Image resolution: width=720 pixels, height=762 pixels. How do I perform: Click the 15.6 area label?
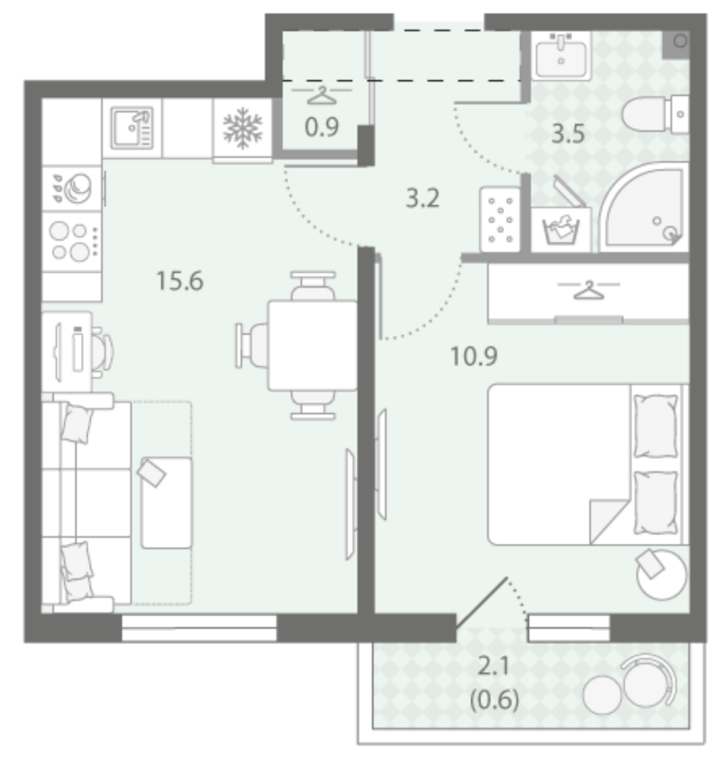point(180,281)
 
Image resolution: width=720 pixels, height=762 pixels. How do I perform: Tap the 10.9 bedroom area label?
point(474,356)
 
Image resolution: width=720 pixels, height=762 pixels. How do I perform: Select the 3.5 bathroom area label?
point(568,134)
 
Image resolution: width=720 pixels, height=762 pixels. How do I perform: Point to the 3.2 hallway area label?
point(422,198)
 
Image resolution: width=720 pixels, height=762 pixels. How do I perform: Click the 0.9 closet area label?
point(321,127)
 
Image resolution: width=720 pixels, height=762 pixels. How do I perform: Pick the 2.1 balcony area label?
point(494,666)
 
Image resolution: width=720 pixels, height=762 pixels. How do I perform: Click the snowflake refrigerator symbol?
point(242,128)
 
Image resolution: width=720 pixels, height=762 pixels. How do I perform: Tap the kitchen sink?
point(132,128)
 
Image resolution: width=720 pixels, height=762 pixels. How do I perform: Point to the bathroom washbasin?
point(561,55)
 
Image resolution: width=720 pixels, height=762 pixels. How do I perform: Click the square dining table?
point(312,345)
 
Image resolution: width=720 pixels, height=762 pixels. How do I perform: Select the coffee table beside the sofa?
point(167,503)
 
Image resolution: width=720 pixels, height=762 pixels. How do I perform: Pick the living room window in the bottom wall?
point(199,628)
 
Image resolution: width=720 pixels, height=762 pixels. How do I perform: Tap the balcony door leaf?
point(482,603)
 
